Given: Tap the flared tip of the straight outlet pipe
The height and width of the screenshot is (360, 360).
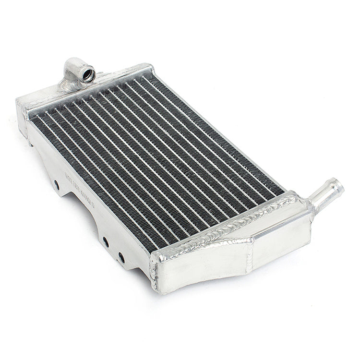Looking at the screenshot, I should pyautogui.click(x=338, y=185).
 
